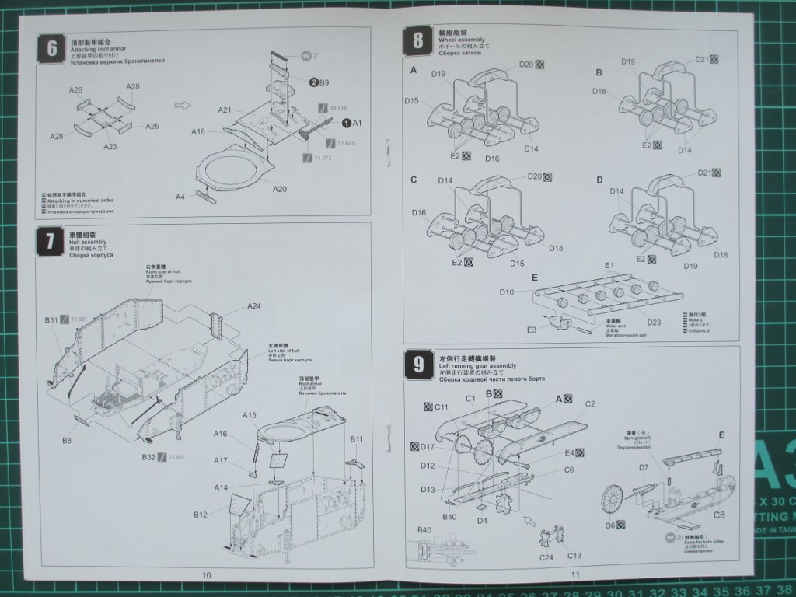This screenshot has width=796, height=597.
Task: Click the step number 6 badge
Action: tap(51, 48)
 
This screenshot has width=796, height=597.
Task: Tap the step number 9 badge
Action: tap(418, 363)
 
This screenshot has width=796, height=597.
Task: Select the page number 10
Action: tap(206, 575)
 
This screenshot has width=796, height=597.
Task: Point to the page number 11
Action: tap(576, 574)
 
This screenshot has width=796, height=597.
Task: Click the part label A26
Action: tap(75, 90)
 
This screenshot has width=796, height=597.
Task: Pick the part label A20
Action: tap(280, 189)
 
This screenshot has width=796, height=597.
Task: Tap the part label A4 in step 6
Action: tap(180, 197)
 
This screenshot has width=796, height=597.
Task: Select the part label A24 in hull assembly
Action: tap(254, 306)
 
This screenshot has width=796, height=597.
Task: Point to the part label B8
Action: tap(68, 441)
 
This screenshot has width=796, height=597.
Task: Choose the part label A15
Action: tap(249, 416)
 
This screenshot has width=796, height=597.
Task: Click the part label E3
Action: tap(532, 330)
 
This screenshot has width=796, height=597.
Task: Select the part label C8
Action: tap(719, 515)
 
